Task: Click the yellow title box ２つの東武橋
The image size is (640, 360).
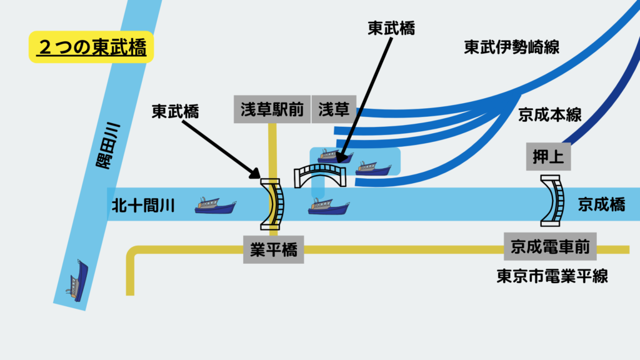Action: click(91, 47)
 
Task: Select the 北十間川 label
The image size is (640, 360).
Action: click(143, 205)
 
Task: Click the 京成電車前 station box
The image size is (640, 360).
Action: click(550, 247)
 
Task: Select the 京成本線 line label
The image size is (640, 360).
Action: click(550, 115)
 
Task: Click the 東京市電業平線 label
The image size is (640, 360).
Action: click(552, 276)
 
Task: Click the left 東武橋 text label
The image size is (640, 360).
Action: click(176, 111)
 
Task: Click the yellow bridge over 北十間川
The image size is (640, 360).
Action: click(272, 203)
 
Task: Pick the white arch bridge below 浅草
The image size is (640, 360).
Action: click(321, 176)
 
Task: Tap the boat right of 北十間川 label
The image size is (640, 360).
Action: click(214, 205)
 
